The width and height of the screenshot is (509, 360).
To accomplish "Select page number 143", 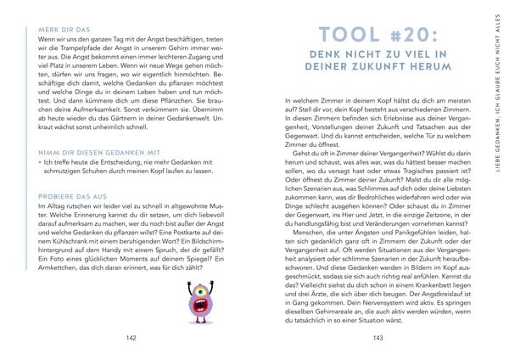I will (378, 337).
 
